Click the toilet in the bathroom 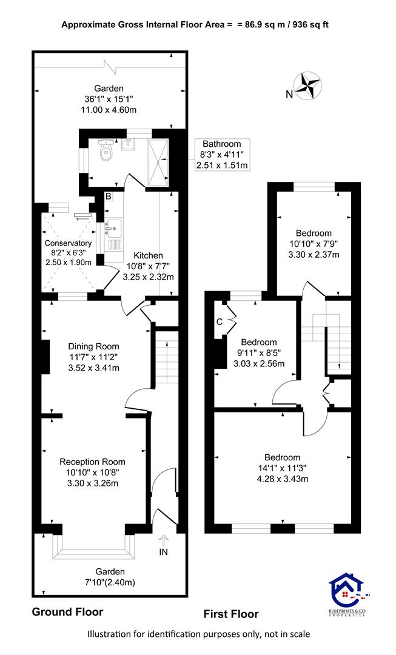click(106, 150)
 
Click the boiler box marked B click(108, 196)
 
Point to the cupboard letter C click(220, 321)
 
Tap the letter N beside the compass click(289, 95)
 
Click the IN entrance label click(163, 552)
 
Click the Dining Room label click(93, 346)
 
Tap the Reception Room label click(92, 462)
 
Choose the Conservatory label click(68, 243)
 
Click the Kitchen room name click(149, 255)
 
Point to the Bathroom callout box click(222, 154)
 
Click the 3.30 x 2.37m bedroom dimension click(314, 254)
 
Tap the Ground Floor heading click(68, 612)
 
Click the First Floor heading click(231, 614)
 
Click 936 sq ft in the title click(310, 25)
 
